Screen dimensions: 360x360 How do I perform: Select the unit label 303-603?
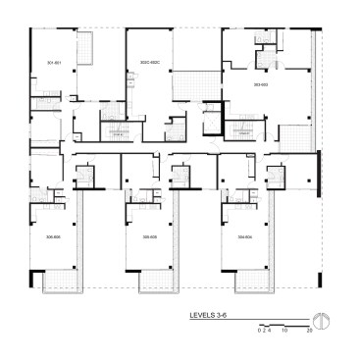260,86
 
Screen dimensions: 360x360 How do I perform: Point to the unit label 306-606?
53,236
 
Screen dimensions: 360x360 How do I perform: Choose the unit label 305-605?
150,236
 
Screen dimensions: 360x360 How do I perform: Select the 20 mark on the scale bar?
309,331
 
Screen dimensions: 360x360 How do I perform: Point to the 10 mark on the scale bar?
284,331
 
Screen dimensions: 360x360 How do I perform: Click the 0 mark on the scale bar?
259,331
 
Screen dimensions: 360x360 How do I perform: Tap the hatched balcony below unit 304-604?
250,283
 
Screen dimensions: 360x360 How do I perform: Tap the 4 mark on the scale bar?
269,331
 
